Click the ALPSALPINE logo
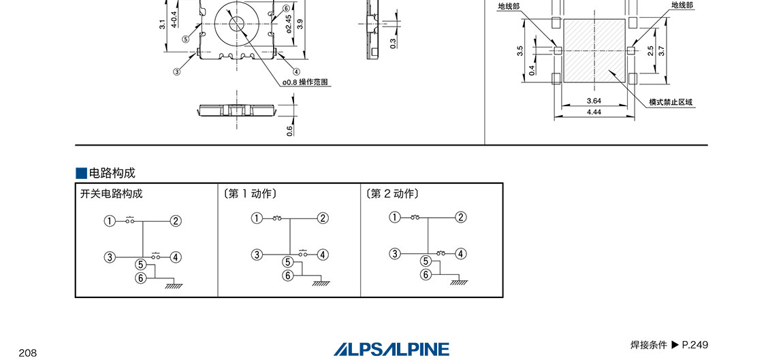pos(391,349)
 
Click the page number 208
pos(27,353)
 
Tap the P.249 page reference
pos(694,344)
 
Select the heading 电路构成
pos(112,174)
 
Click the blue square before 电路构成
pos(82,174)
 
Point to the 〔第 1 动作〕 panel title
pos(250,194)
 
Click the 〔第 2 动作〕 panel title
pos(392,194)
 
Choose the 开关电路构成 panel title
pos(112,194)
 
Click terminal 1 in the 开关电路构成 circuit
pos(110,220)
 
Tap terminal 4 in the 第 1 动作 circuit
pos(323,255)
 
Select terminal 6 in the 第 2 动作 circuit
pos(426,275)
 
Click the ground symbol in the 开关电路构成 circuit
pos(174,286)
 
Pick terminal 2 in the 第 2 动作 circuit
pos(461,217)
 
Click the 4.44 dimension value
pos(594,112)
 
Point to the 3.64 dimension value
pos(594,101)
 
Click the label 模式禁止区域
pos(671,102)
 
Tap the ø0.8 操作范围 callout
pos(305,82)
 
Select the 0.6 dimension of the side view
pos(290,129)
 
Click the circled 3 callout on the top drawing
pos(176,72)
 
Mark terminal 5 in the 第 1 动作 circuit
pos(287,262)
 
